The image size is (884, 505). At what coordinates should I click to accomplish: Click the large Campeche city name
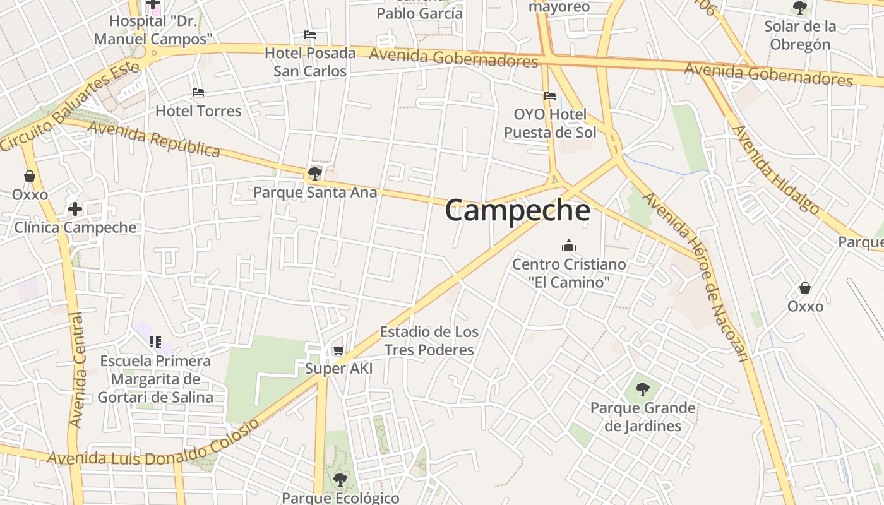pos(518,210)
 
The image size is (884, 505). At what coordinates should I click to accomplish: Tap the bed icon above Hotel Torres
pos(198,92)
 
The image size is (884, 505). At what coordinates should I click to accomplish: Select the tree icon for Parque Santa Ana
pos(314,173)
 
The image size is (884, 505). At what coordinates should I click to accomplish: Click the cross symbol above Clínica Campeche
pos(75,208)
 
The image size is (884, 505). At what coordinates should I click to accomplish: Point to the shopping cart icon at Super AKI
pos(339,350)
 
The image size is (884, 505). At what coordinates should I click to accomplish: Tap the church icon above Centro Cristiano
pos(568,246)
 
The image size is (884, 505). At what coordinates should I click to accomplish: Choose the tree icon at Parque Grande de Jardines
pos(643,389)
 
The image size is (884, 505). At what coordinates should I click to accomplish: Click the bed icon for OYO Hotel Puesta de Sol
pos(550,96)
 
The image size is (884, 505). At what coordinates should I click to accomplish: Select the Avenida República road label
pos(154,139)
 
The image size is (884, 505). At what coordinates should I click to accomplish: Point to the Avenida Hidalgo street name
pos(776,170)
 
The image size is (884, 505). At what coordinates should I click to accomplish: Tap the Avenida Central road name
pos(76,369)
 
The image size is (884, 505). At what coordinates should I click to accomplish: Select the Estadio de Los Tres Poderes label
pos(429,341)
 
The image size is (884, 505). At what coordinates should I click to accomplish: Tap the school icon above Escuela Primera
pos(155,342)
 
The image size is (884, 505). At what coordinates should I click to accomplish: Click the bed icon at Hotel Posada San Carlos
pos(309,35)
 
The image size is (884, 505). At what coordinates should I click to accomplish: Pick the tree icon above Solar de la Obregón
pos(799,8)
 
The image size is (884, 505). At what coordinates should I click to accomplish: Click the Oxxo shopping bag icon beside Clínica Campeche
pos(30,176)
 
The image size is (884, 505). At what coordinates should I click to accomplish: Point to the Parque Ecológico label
pos(340,498)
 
